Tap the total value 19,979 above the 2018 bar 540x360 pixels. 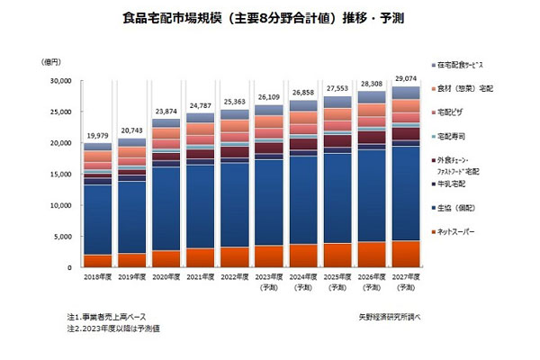(x=97, y=135)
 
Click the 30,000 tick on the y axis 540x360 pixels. (x=58, y=81)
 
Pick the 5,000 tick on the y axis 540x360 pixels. (x=62, y=237)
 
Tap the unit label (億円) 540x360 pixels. (x=53, y=60)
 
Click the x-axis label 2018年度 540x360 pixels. (x=97, y=277)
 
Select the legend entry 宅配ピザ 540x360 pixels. (x=455, y=112)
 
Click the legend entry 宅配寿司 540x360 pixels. (x=455, y=136)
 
